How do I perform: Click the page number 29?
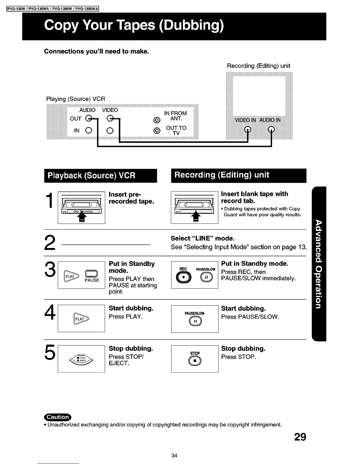[300, 437]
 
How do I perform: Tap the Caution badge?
[58, 417]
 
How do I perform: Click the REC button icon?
[184, 278]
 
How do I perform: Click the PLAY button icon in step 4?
[81, 319]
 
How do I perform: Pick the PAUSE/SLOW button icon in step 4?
[195, 322]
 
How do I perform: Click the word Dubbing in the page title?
[191, 26]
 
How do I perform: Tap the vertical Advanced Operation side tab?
[319, 264]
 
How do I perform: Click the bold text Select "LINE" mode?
[202, 238]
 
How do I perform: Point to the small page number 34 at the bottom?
[174, 456]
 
